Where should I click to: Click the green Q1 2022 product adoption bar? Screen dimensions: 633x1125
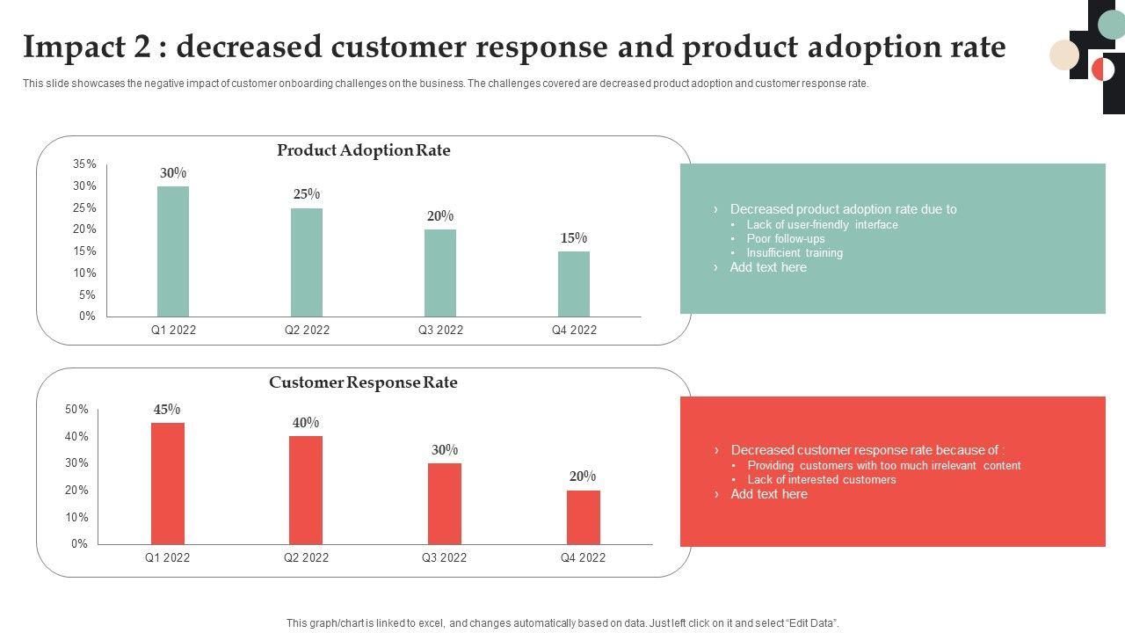pos(173,251)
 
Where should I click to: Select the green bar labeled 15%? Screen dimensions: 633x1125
pos(574,284)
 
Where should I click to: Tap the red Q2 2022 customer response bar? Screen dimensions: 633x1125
pos(306,490)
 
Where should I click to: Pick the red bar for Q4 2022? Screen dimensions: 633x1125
pos(583,517)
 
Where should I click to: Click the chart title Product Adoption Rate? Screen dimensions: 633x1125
pos(363,150)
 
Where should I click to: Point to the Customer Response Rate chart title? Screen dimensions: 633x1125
pos(363,382)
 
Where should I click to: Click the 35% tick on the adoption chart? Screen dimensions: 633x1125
pos(85,164)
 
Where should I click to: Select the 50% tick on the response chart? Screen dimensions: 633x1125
pos(76,410)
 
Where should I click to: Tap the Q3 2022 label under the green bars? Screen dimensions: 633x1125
pos(440,331)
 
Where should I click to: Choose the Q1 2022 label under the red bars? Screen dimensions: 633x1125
pos(167,557)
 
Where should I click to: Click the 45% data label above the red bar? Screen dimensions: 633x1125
pos(167,409)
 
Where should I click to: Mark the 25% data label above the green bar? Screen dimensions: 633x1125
pos(307,194)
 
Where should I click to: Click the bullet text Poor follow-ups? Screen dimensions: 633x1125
pos(786,238)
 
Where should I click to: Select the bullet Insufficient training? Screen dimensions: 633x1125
pos(795,252)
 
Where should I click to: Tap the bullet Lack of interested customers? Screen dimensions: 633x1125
pos(822,479)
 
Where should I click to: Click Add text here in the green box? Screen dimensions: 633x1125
pos(768,267)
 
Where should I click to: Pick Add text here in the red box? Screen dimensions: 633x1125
pos(769,494)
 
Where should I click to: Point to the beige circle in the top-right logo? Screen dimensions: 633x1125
pos(1064,55)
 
